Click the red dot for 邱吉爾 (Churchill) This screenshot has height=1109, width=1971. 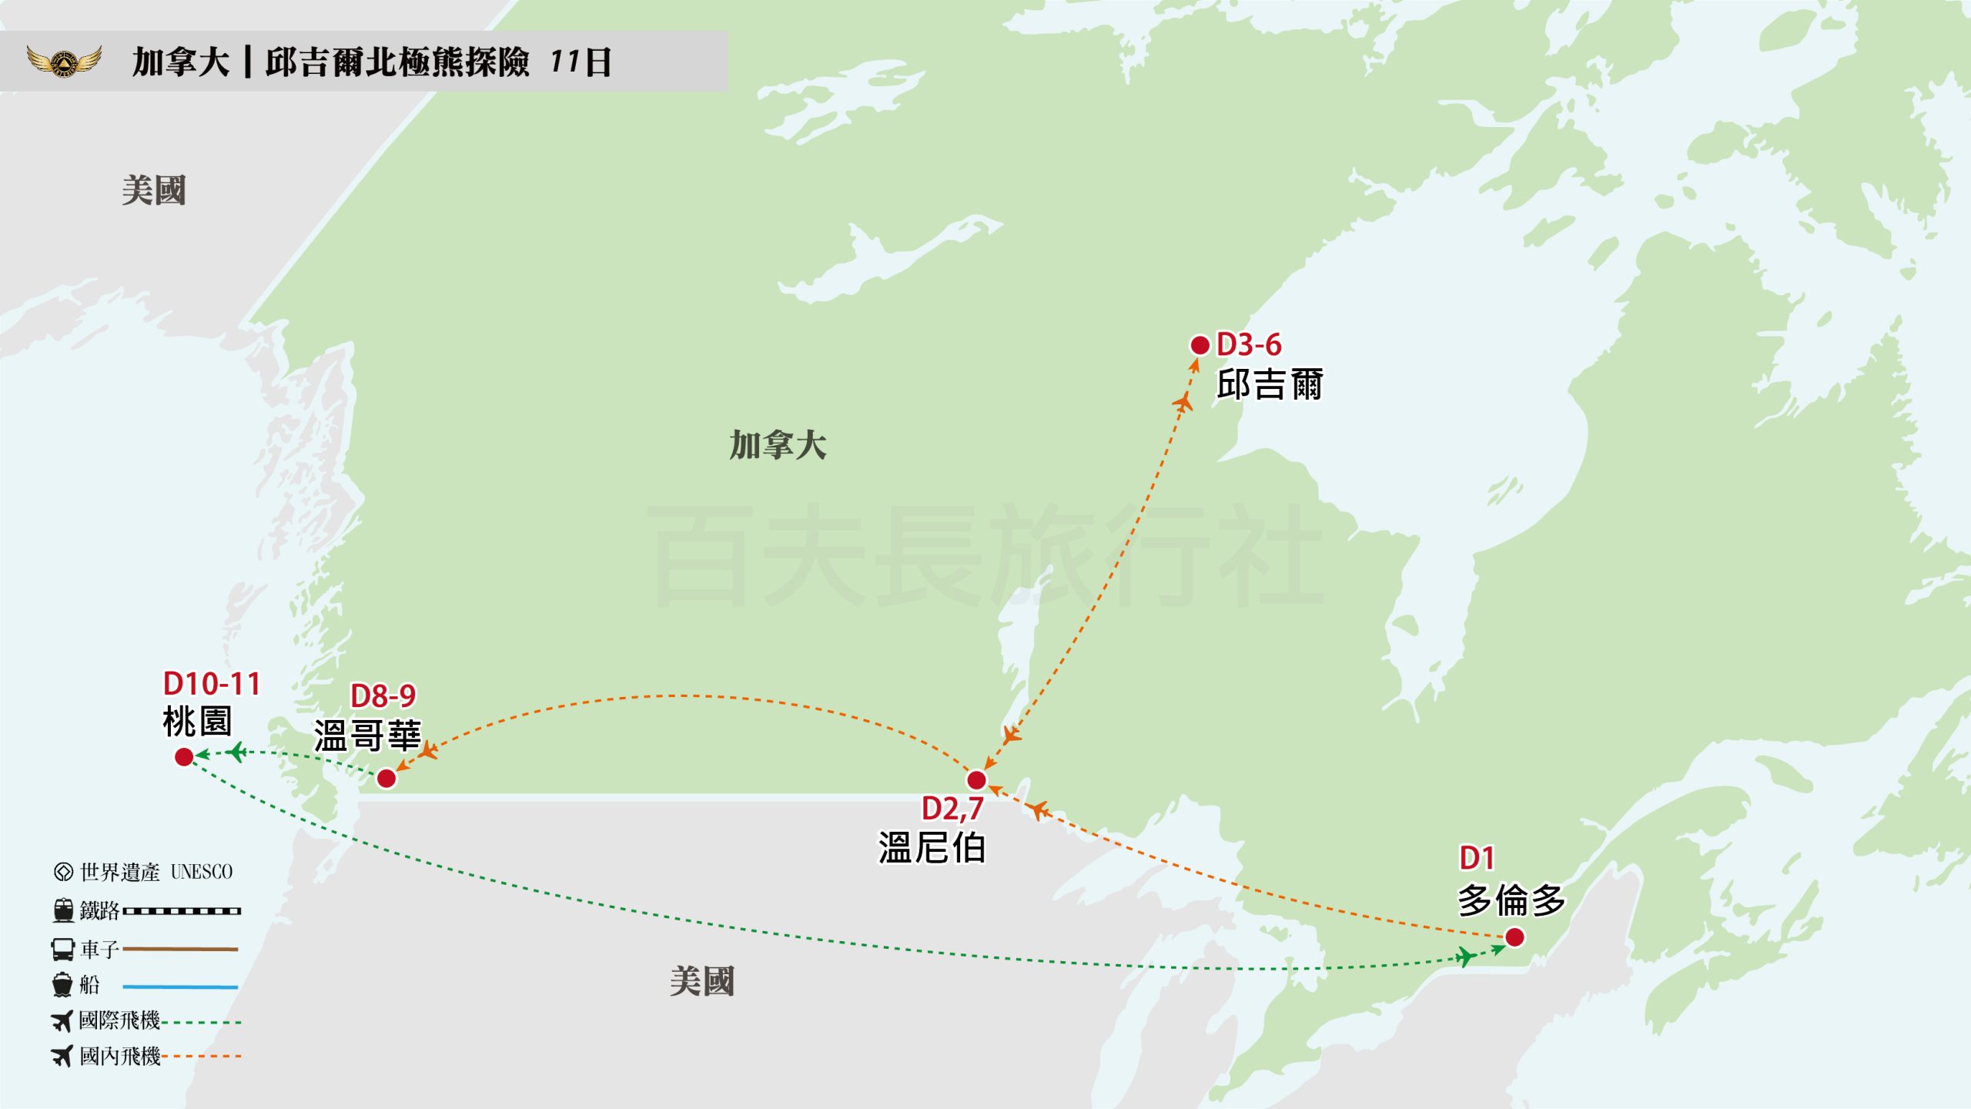1200,345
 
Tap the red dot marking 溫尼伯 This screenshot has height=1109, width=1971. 976,780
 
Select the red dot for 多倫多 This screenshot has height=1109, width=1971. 1514,937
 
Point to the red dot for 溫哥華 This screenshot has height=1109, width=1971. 387,779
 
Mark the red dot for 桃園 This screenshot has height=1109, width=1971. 184,757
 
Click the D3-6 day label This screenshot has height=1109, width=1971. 1249,345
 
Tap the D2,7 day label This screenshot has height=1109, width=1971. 952,809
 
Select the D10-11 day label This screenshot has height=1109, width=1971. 212,684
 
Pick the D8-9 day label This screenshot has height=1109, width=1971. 383,696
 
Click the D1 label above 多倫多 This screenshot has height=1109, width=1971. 1477,858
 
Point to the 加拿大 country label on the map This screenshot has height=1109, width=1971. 778,446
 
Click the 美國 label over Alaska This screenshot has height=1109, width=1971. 154,190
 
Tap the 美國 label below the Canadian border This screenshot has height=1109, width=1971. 701,982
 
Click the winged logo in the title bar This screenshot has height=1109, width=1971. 65,62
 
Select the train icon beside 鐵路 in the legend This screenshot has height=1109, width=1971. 63,910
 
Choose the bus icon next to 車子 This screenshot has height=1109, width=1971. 62,949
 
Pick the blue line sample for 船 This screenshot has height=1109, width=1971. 180,987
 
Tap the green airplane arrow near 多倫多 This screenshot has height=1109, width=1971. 1465,957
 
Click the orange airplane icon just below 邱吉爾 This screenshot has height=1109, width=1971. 1183,401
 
